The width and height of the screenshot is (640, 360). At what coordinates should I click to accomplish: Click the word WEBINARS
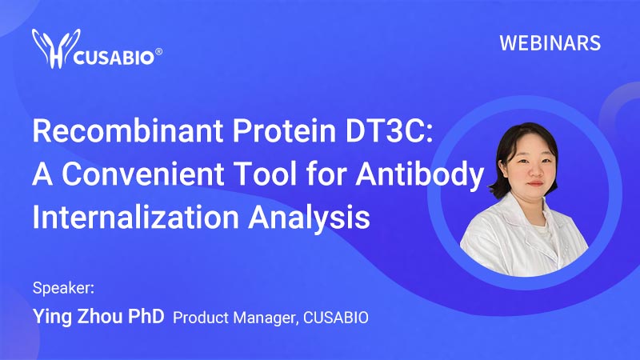(550, 43)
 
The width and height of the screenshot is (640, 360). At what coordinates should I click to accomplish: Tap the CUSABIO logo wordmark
(114, 58)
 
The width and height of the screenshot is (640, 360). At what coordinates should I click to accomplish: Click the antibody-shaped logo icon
(56, 48)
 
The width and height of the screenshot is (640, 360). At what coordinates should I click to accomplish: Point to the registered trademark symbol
(158, 52)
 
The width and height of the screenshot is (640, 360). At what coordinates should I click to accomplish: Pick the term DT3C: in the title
(390, 130)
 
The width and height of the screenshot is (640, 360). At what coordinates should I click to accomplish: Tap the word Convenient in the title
(143, 173)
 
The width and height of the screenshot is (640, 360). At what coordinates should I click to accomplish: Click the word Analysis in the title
(309, 218)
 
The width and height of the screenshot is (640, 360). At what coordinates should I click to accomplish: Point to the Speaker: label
(63, 288)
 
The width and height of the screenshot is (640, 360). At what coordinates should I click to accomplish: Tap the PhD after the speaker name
(146, 316)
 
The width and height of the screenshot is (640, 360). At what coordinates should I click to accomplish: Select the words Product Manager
(234, 318)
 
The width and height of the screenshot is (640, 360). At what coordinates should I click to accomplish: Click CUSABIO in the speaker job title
(336, 318)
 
